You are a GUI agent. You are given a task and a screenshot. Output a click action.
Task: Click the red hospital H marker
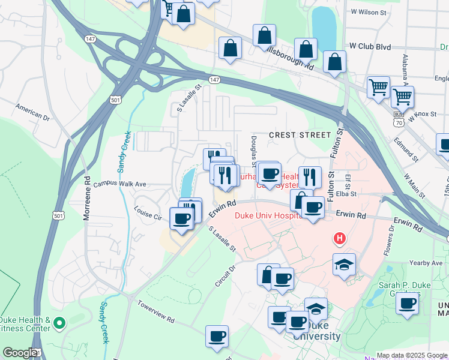pos(340,239)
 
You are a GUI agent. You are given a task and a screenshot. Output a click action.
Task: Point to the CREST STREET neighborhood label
pos(300,136)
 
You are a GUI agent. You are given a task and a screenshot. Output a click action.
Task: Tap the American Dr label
pos(32,111)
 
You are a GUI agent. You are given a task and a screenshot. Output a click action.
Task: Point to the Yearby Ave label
pos(428,263)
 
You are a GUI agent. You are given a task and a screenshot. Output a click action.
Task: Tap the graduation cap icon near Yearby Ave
pos(345,264)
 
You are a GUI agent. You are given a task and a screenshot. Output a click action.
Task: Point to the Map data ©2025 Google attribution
pos(412,355)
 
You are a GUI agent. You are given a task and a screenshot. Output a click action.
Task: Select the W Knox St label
pos(421,116)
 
